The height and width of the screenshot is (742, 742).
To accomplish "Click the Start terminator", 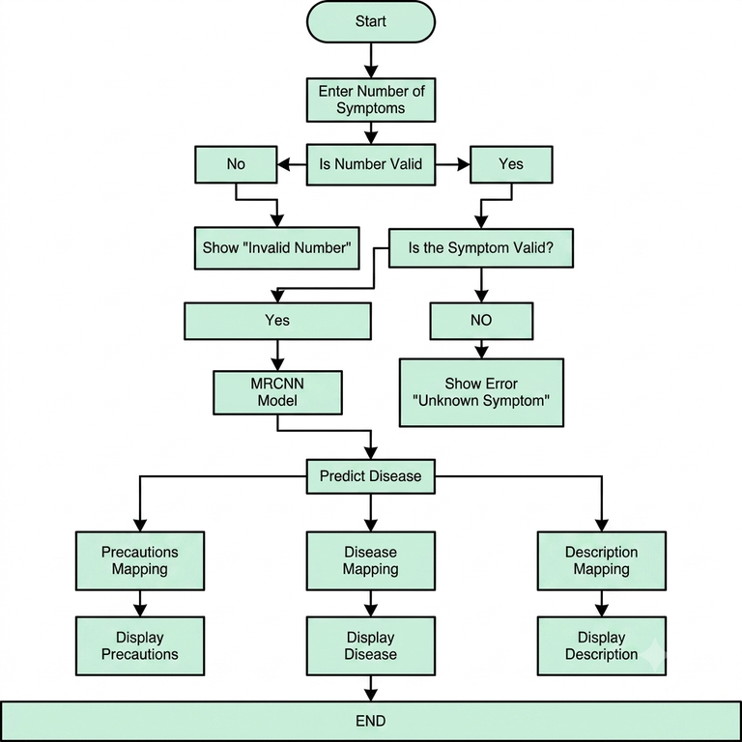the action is click(371, 22).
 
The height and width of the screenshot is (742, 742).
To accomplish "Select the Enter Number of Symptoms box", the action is click(371, 100).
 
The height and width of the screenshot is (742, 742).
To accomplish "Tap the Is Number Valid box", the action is click(371, 164).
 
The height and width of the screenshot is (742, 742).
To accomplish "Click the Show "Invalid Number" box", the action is click(277, 248).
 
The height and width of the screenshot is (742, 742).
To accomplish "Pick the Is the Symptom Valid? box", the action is click(481, 248).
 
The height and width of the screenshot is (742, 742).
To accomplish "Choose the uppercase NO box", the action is click(481, 321).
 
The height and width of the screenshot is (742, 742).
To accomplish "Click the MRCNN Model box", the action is click(277, 392).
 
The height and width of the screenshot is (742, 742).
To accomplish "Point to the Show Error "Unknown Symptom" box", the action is click(481, 392).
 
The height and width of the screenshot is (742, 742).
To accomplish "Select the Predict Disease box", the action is click(371, 476).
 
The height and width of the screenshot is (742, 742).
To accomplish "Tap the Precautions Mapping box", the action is click(140, 560).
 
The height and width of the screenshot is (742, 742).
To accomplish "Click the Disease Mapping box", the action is click(371, 560).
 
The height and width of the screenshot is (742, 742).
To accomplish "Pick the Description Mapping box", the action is click(602, 560).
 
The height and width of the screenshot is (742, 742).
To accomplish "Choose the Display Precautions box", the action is click(140, 645).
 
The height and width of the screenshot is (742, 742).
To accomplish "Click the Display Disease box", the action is click(371, 645).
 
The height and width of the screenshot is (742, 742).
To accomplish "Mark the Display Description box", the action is click(602, 645).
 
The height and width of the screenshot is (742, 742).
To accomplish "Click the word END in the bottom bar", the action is click(371, 721).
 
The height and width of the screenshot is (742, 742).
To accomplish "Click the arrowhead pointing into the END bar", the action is click(371, 695).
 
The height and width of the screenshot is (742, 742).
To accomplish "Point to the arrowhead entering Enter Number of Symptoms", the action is click(371, 71).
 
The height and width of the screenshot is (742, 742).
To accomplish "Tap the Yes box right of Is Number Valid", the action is click(511, 164).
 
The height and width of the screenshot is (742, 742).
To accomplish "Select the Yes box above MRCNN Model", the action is click(277, 321).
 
